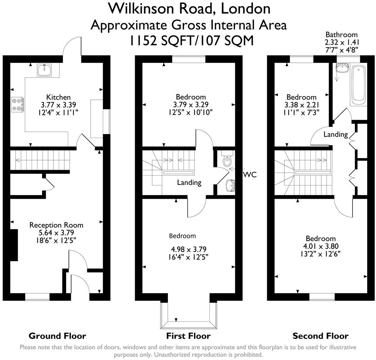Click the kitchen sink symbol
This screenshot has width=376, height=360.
click(x=44, y=70)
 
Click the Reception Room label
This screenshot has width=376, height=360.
click(x=56, y=225)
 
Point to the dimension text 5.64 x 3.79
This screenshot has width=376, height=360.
click(x=56, y=232)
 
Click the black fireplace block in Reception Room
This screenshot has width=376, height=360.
click(x=13, y=245)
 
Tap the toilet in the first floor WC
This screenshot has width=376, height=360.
click(x=226, y=160)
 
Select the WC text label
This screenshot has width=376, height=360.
click(x=250, y=175)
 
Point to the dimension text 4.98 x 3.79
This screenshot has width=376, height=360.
click(x=189, y=249)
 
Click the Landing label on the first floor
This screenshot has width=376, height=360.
click(x=189, y=182)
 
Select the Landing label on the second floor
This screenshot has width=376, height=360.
click(x=335, y=134)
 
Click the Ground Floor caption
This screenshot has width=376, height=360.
click(x=57, y=336)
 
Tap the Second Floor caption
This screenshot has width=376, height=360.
click(x=320, y=336)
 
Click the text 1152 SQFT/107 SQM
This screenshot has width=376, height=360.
click(x=191, y=41)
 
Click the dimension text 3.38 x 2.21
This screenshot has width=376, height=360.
click(x=301, y=104)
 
